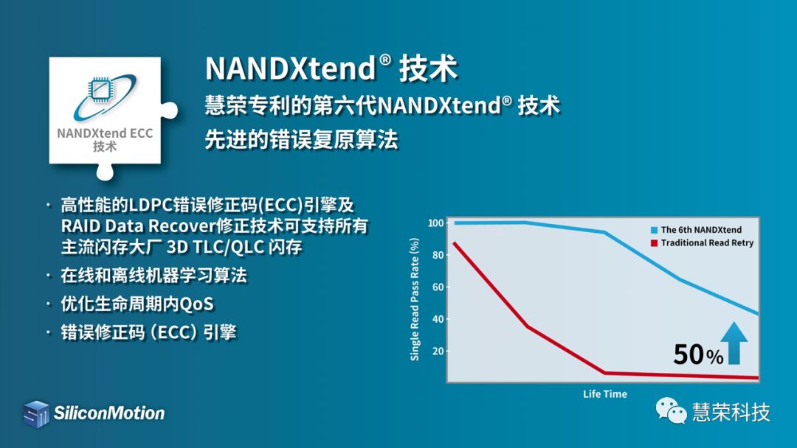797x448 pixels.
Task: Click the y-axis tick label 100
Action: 435,223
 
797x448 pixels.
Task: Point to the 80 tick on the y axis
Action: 438,255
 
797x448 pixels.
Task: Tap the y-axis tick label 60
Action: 438,287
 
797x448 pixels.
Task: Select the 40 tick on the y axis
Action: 438,319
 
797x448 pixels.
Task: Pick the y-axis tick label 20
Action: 438,351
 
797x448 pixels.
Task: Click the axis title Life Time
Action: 605,393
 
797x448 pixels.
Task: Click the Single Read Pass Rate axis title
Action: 415,299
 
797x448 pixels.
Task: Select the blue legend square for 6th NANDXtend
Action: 654,230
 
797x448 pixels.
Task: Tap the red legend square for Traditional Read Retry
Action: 654,243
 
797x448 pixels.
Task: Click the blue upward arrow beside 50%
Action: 734,343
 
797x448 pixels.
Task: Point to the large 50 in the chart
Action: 689,354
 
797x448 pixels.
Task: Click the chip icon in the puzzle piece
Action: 101,89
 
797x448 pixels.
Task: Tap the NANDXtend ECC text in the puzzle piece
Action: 105,133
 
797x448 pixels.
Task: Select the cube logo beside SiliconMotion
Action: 36,413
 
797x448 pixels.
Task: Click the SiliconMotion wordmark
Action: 109,413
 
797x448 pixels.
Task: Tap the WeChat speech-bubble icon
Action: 671,410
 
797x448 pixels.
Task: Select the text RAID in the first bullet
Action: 81,225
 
